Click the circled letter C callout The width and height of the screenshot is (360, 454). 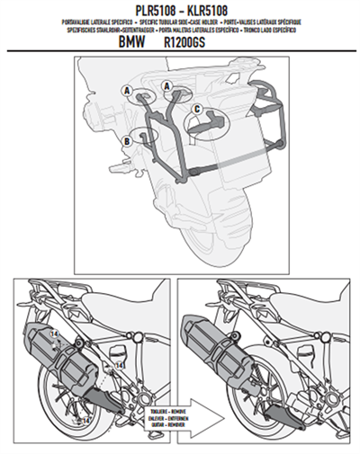coord(196,109)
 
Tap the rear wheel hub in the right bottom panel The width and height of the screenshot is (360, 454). coord(286,396)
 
